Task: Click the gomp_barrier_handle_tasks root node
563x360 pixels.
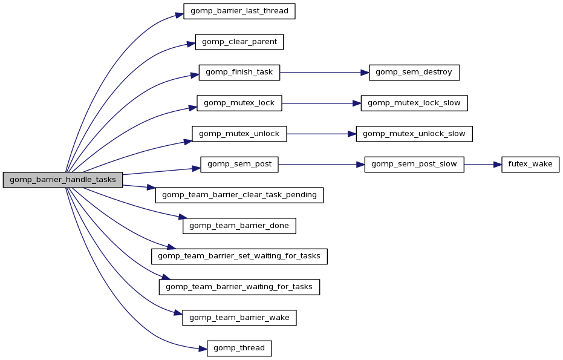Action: coord(63,180)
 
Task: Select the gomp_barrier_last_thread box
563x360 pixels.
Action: coord(239,11)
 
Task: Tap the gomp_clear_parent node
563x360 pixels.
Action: coord(239,42)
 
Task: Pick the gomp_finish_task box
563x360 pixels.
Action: coord(239,73)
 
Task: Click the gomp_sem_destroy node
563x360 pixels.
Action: coord(414,73)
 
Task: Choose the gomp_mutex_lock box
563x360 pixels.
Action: coord(239,103)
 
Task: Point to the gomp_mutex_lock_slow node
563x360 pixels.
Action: coord(414,103)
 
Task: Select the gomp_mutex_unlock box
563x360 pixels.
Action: coord(239,134)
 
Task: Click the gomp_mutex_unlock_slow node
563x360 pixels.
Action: coord(414,134)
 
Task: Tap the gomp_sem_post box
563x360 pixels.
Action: coord(239,164)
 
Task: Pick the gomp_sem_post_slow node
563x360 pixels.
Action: coord(414,164)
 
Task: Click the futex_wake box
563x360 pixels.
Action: coord(530,164)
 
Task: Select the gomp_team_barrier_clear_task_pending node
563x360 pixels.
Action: coord(239,195)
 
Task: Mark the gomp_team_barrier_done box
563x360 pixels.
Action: coord(239,226)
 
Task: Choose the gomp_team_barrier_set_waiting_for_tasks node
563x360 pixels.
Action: coord(239,256)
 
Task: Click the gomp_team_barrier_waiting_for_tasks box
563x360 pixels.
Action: coord(239,287)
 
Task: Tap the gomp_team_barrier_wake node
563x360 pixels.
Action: coord(239,317)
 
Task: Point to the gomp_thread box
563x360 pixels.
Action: coord(239,348)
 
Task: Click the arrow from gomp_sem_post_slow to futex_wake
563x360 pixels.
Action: coord(483,164)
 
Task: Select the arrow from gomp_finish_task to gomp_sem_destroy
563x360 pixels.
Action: coord(324,73)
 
